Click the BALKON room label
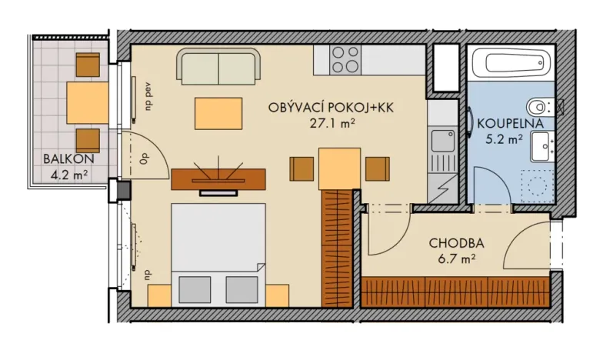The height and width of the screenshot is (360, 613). tap(68, 159)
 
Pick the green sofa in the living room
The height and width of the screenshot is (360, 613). tap(218, 67)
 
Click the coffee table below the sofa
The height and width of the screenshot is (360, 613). tap(216, 113)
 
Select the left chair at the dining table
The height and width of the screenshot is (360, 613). tap(302, 168)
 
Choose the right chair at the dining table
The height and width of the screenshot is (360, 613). tap(377, 168)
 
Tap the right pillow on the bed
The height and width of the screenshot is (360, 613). tap(242, 288)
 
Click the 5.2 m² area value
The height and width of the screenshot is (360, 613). tap(511, 139)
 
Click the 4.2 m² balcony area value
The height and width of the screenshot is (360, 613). tap(68, 175)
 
